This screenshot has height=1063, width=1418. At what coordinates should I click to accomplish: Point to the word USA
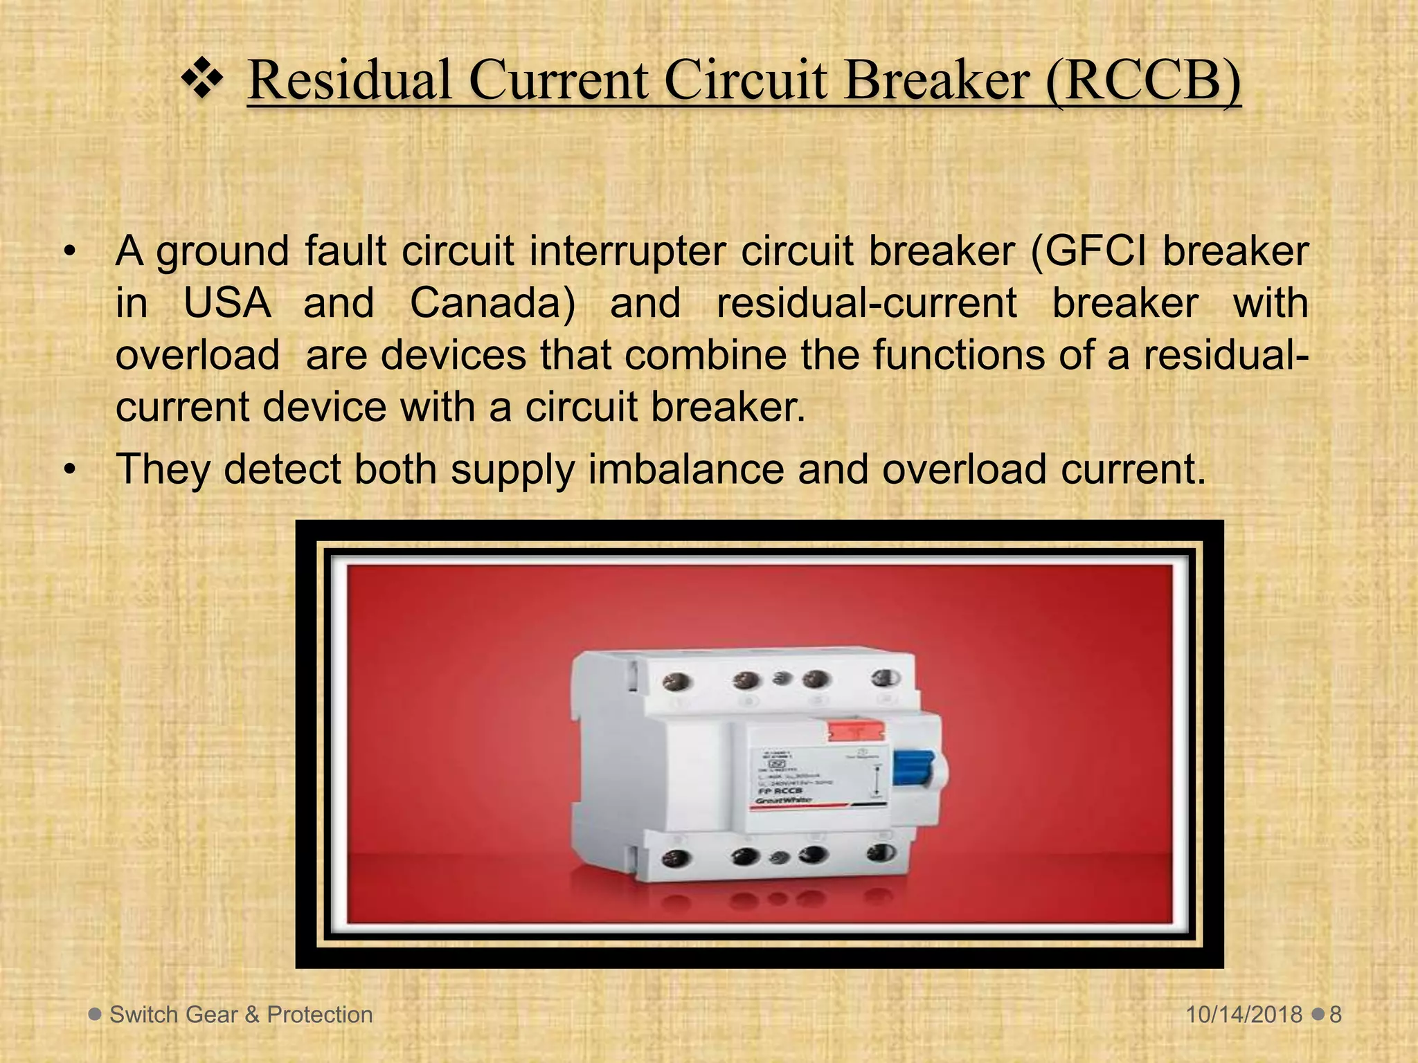[x=227, y=303]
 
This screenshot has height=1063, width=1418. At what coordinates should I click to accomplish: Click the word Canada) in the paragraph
[x=492, y=303]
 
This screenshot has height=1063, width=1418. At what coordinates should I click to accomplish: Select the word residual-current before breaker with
[x=866, y=303]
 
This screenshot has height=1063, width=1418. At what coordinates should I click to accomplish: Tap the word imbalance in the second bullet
[x=686, y=469]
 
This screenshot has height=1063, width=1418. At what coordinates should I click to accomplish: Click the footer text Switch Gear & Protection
[x=241, y=1015]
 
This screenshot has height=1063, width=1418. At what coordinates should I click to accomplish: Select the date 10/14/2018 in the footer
[x=1244, y=1015]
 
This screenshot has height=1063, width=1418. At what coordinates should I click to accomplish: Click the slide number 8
[x=1336, y=1015]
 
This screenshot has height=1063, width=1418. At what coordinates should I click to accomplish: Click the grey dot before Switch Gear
[x=95, y=1014]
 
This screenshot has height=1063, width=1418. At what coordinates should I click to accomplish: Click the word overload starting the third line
[x=197, y=354]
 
